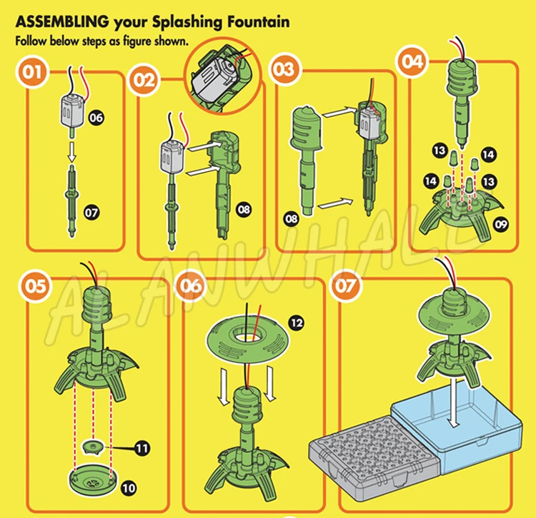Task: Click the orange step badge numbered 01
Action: tap(32, 72)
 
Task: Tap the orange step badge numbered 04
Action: tap(412, 61)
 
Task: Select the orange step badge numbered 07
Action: tap(346, 286)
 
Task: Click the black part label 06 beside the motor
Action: tap(96, 118)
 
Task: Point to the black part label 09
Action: tap(501, 225)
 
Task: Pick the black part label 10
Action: tap(129, 488)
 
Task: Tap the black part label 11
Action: tap(142, 447)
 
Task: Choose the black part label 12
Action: tap(296, 323)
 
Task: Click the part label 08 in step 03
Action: tap(292, 219)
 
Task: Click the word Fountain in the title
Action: tap(259, 22)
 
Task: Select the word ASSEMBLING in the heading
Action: tap(62, 22)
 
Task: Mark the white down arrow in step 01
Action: tap(71, 152)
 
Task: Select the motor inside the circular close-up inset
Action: tap(214, 80)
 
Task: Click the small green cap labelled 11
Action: tap(93, 446)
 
